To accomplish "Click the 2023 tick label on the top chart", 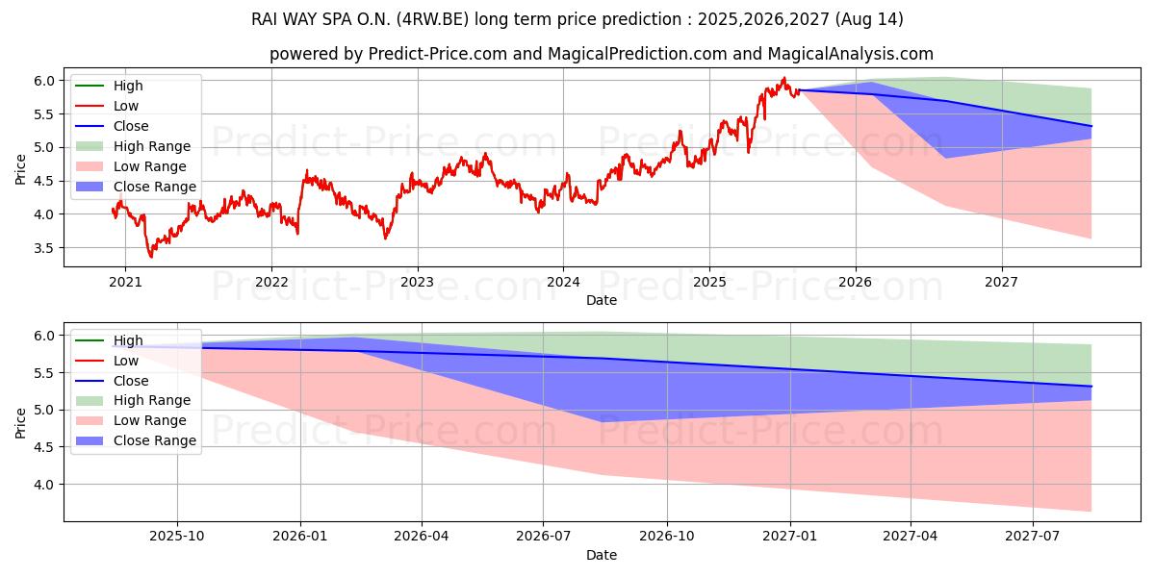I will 417,282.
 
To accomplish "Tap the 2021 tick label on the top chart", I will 125,282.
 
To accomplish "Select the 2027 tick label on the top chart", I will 1002,282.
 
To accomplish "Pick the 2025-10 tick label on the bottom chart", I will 177,537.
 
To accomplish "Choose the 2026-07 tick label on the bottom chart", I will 544,537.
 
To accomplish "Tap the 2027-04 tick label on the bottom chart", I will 910,537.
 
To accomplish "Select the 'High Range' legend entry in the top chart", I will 151,146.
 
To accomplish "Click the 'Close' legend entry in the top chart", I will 131,126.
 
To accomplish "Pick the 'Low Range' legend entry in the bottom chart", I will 149,420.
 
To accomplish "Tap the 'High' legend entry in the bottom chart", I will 128,340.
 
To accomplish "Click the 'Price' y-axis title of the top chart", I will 21,168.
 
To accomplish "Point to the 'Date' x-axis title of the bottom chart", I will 602,555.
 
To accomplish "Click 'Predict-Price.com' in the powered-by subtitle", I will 438,55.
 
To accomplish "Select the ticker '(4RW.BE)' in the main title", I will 459,19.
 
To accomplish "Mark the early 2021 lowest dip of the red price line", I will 150,257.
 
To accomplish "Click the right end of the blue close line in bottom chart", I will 1091,386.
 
